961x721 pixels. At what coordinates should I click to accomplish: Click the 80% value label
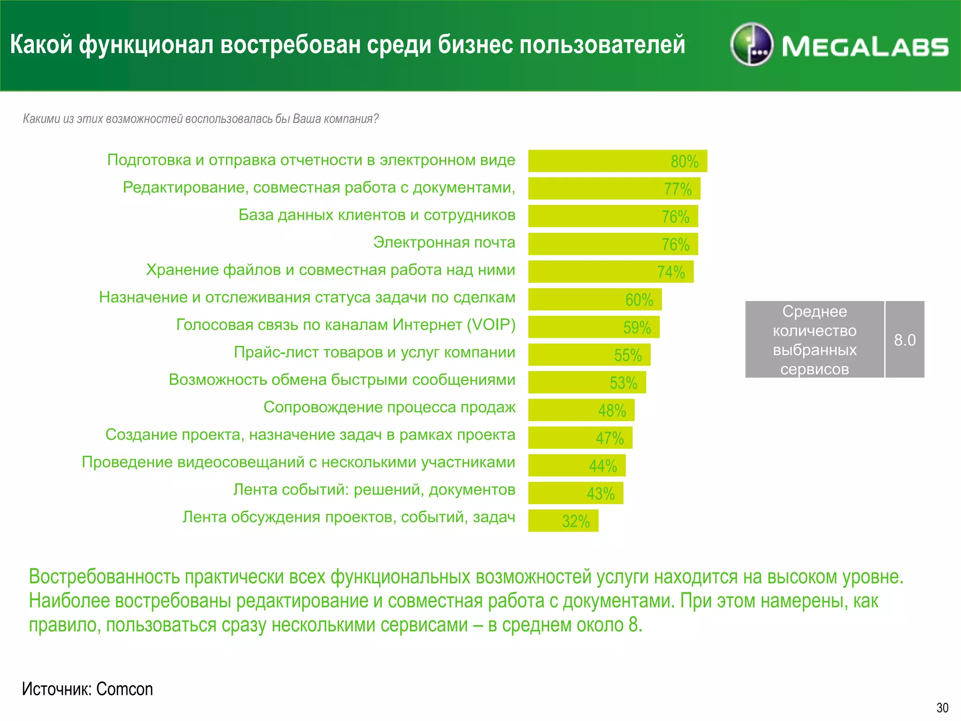tap(684, 162)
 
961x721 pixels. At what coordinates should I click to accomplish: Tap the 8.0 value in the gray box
tap(904, 340)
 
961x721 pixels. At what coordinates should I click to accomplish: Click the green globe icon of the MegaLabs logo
tap(752, 45)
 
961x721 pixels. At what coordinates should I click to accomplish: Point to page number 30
tap(942, 708)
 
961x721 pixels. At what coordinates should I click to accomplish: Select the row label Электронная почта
tap(444, 242)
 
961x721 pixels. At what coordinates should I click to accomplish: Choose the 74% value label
tap(671, 272)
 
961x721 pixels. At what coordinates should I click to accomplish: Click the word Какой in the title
tap(41, 45)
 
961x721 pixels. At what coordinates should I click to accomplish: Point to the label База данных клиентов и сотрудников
tap(377, 215)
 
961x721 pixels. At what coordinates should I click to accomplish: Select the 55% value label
tap(628, 355)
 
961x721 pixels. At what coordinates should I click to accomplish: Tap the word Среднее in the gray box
tap(814, 311)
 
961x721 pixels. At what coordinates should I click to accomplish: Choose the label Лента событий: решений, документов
tap(374, 490)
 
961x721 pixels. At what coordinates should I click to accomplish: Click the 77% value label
tap(677, 189)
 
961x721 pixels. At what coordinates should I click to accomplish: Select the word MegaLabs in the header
tap(865, 47)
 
